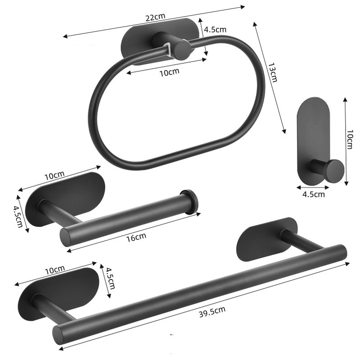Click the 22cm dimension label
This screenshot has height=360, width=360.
tap(155, 17)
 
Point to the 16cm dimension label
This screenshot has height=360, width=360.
tap(137, 236)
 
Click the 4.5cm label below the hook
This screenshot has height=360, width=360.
tap(313, 194)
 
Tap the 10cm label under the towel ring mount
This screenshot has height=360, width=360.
tap(170, 72)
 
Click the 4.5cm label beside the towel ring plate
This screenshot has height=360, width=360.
tap(215, 30)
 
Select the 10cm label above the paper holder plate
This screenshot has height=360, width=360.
tap(55, 175)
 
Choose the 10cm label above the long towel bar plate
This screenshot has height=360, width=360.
tap(55, 270)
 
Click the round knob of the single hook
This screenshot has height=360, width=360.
tap(333, 171)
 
